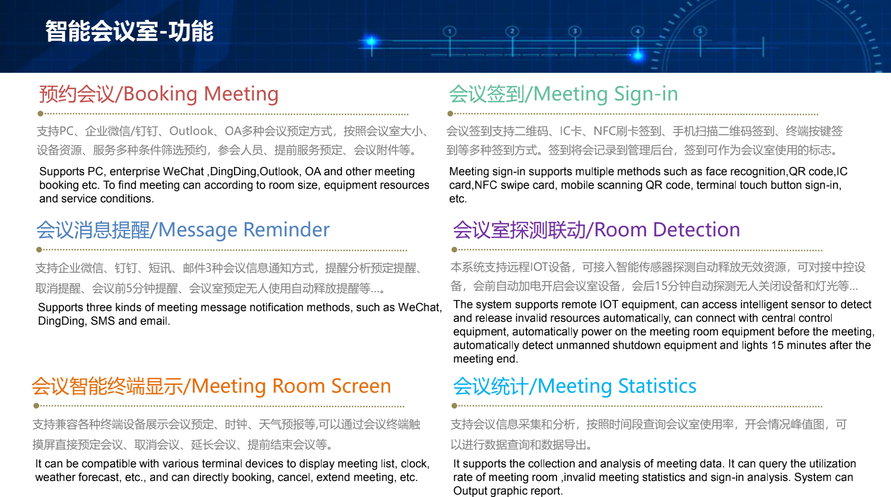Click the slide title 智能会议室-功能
129,31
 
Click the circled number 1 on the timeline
450,32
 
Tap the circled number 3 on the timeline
575,32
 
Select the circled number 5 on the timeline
700,32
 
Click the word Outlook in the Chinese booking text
191,131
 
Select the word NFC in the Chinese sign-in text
605,131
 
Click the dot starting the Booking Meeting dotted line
41,114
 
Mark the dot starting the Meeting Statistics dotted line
454,406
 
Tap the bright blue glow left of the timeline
371,42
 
